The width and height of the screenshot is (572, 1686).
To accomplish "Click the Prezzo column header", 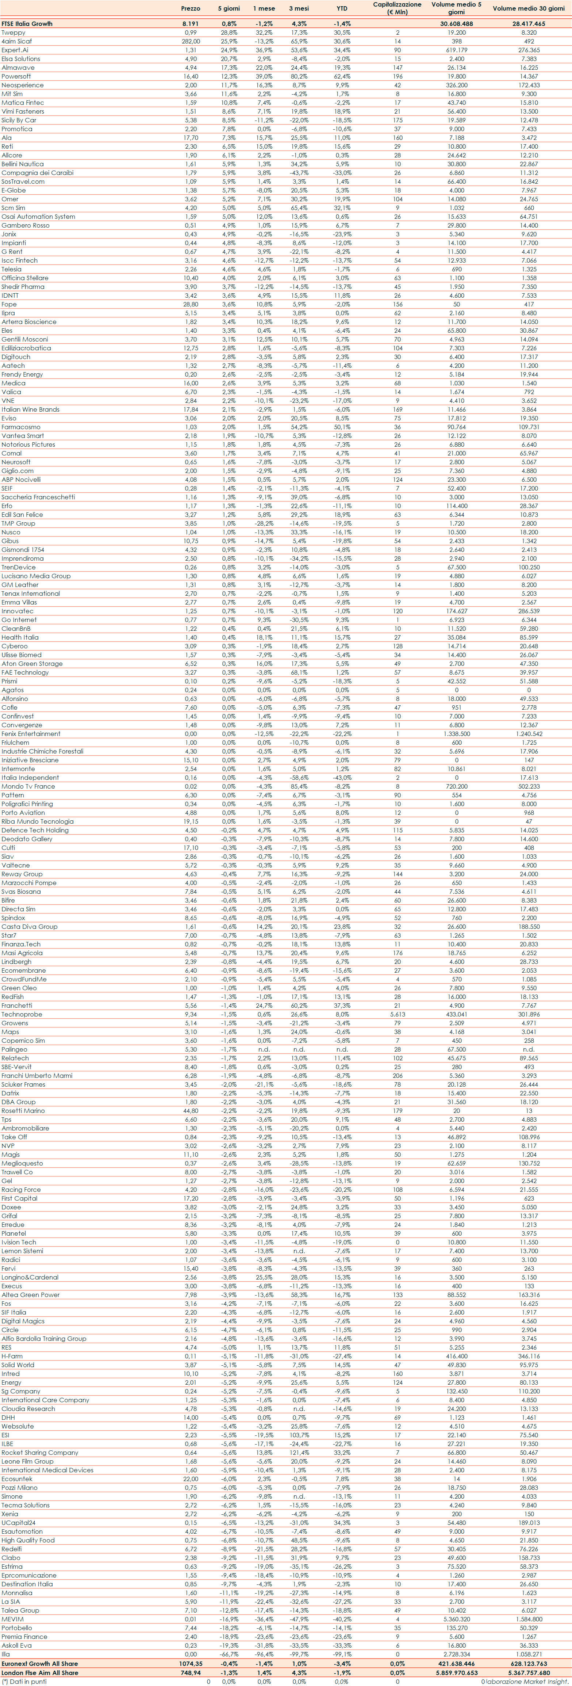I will click(191, 8).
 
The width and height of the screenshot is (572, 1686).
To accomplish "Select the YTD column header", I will click(342, 8).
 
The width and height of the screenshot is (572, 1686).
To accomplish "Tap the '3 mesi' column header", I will click(299, 8).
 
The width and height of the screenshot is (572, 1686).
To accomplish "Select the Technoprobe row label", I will click(22, 1014).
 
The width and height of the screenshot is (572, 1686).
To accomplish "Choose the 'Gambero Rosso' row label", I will click(25, 225).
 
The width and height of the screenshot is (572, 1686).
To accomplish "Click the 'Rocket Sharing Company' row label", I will click(39, 1452).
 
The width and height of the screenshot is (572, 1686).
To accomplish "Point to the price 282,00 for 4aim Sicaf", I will click(191, 41).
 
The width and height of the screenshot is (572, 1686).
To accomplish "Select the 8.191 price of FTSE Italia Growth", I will click(191, 24).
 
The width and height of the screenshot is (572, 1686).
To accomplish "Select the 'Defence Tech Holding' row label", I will click(35, 830).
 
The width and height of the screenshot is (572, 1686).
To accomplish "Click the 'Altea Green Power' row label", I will click(30, 1294).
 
